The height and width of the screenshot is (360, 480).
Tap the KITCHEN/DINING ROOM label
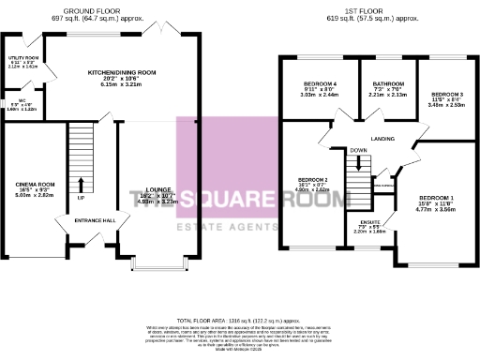click(122, 72)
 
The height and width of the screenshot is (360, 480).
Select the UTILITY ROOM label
click(22, 57)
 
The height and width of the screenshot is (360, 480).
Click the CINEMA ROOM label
click(36, 185)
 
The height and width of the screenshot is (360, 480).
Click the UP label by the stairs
click(81, 199)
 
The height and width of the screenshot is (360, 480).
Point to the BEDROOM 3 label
click(447, 95)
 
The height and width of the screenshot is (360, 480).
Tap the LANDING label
click(382, 139)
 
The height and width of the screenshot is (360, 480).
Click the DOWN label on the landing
click(358, 150)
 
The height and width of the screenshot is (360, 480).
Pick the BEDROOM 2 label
click(312, 179)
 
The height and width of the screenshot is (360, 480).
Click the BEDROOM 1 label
click(436, 198)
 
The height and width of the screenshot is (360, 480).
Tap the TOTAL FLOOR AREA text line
click(239, 320)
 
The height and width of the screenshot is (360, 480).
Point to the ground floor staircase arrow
click(81, 183)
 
